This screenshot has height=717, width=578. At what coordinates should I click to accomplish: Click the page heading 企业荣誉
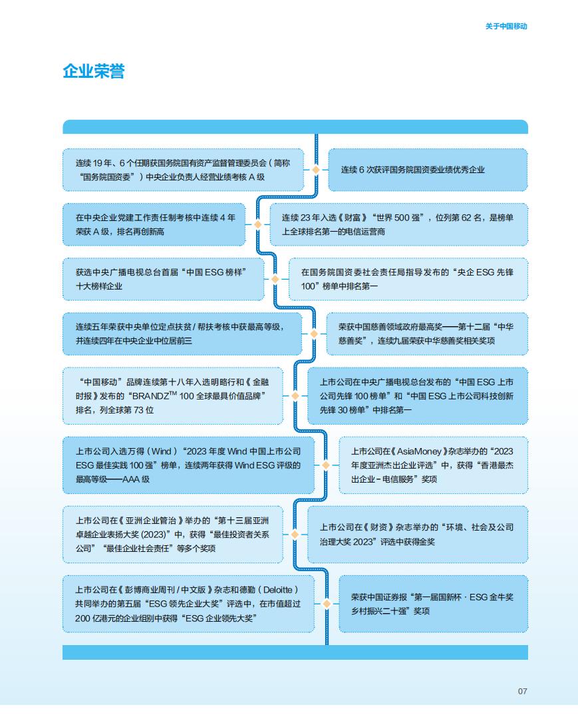pyautogui.click(x=94, y=71)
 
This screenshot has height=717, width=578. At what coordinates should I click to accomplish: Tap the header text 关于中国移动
pyautogui.click(x=506, y=26)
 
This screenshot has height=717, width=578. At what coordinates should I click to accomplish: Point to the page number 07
pyautogui.click(x=522, y=691)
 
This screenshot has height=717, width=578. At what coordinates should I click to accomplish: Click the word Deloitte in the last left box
pyautogui.click(x=277, y=590)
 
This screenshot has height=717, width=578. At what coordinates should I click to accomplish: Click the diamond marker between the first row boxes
pyautogui.click(x=316, y=170)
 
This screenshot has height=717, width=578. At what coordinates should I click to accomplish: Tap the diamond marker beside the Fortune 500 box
pyautogui.click(x=257, y=224)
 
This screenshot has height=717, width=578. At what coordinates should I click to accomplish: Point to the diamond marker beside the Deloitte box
pyautogui.click(x=327, y=604)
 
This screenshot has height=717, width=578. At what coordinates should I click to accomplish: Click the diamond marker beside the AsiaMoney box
pyautogui.click(x=326, y=465)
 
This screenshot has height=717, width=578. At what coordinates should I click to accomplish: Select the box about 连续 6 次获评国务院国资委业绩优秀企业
pyautogui.click(x=428, y=170)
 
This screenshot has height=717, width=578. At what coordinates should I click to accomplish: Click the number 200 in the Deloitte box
pyautogui.click(x=82, y=618)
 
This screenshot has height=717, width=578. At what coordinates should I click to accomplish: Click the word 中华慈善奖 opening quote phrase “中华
pyautogui.click(x=502, y=327)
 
